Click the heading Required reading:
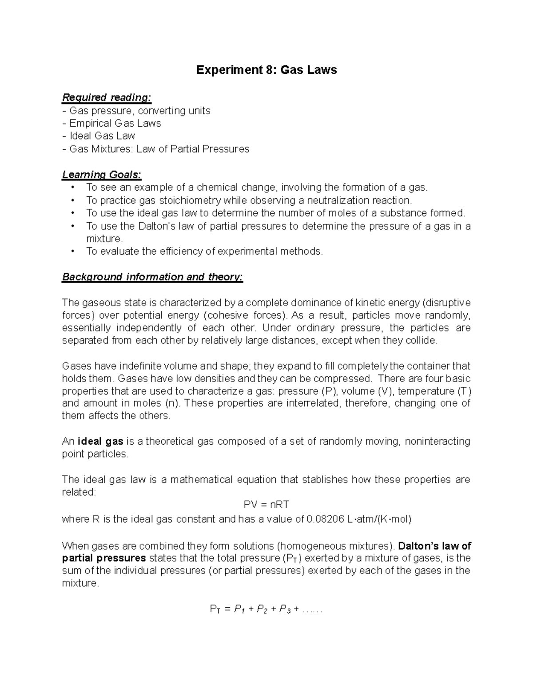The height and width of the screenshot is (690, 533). click(x=107, y=97)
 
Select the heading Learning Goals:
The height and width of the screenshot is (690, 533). click(x=102, y=174)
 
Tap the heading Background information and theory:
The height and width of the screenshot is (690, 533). click(x=152, y=277)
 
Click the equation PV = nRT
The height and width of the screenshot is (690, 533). click(x=266, y=504)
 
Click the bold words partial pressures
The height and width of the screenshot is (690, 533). click(x=104, y=558)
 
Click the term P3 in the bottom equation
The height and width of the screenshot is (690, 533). click(x=285, y=609)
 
